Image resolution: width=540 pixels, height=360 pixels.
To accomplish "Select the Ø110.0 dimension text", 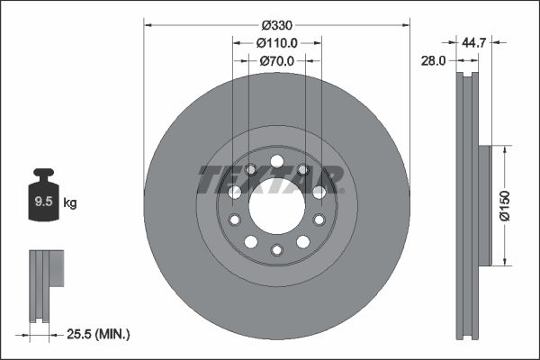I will pos(277,43).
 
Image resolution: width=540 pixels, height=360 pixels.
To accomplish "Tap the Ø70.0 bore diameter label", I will pos(277,61).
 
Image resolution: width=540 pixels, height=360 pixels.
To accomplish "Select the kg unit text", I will pos(70,203).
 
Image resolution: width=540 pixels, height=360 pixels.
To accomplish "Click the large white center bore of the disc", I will pos(277,208).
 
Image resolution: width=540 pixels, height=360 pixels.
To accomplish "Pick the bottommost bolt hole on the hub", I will pos(277,250).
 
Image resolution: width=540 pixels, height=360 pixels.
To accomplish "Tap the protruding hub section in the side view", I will pos(484,206).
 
